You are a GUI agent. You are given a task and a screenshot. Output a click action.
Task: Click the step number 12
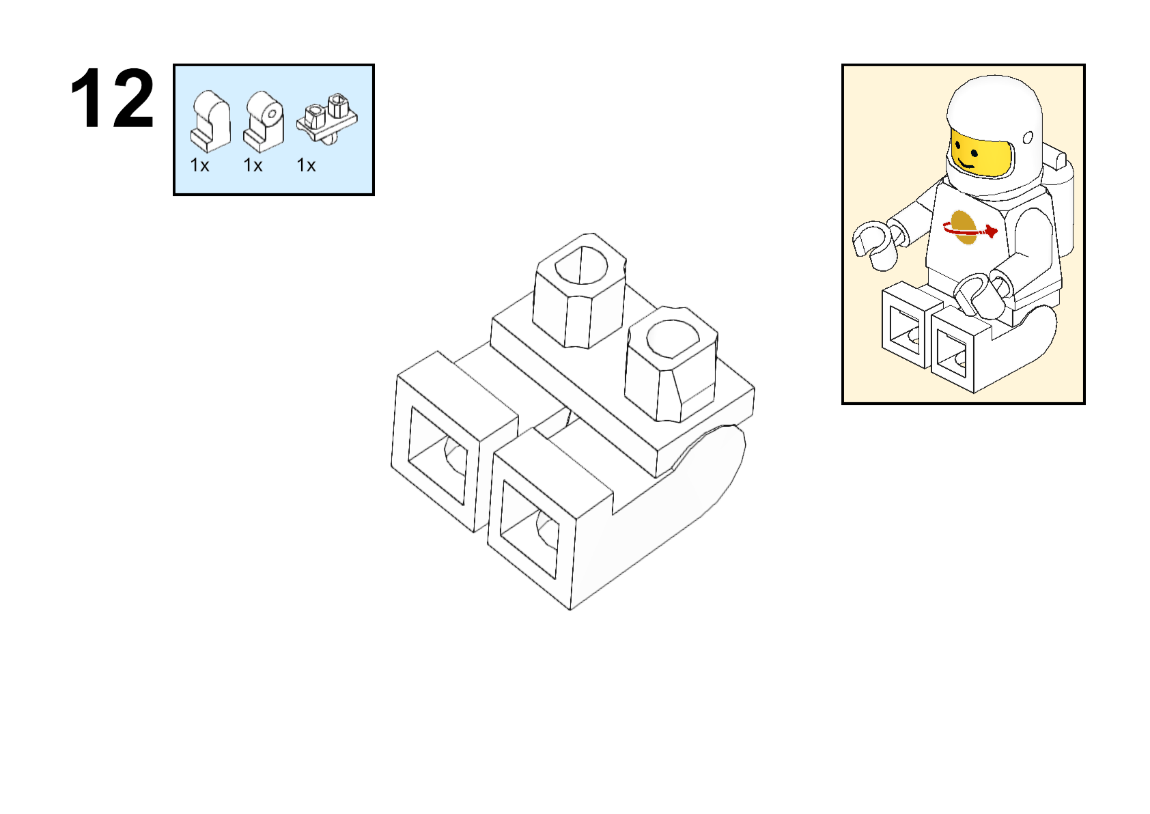point(112,100)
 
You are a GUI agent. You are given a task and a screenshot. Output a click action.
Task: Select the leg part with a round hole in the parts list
point(264,122)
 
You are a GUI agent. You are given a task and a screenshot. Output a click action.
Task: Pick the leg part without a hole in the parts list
point(210,122)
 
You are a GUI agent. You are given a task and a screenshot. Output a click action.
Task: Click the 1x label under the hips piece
point(306,165)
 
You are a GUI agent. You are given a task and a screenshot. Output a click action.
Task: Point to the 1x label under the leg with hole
point(253,165)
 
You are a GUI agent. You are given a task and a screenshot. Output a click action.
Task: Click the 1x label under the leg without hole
point(199,165)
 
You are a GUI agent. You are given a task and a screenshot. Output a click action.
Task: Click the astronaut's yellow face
point(977,154)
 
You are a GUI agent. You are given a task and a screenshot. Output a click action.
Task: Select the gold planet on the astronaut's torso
point(964,227)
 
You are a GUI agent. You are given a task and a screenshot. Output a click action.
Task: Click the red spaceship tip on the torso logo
point(992,231)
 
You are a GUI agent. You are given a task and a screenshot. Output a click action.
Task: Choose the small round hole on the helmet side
point(1028,138)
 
